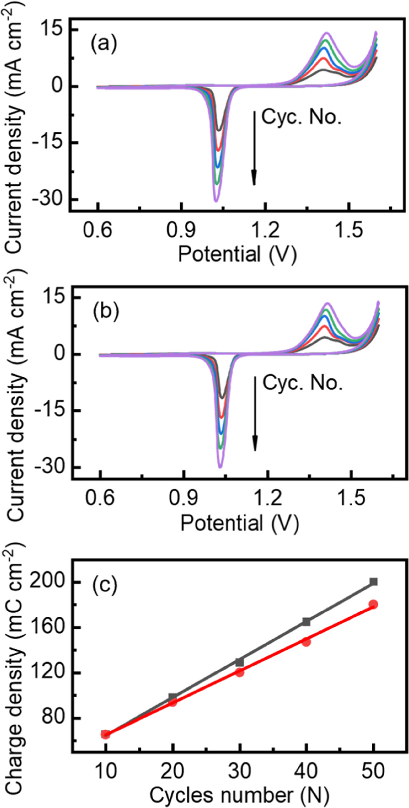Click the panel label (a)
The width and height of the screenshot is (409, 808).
pyautogui.click(x=104, y=43)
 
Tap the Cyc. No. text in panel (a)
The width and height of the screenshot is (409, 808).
pyautogui.click(x=301, y=118)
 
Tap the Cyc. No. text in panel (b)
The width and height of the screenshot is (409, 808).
pyautogui.click(x=303, y=383)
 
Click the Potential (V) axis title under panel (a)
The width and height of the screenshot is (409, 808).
pyautogui.click(x=237, y=254)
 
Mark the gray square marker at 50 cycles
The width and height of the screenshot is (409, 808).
pyautogui.click(x=374, y=582)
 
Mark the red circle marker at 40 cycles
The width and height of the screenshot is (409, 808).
pyautogui.click(x=306, y=642)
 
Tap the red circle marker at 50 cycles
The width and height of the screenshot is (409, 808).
pyautogui.click(x=373, y=605)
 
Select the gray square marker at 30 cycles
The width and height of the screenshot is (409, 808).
pyautogui.click(x=240, y=662)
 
